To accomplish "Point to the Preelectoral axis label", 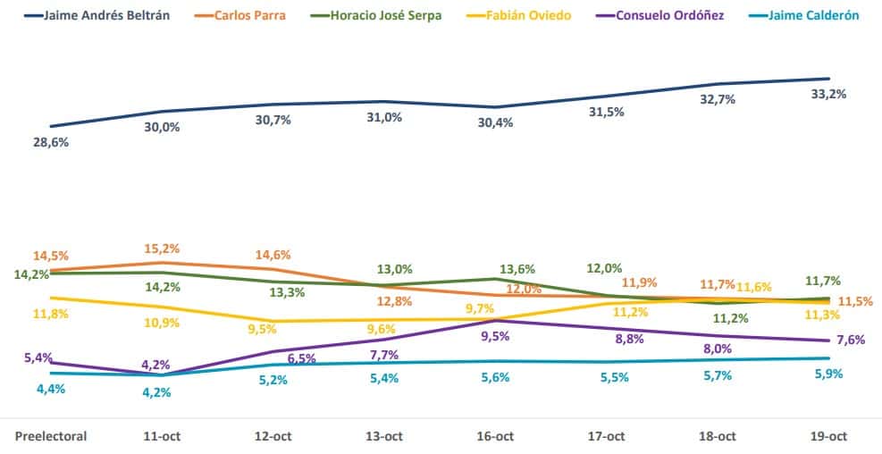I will tap(51, 436).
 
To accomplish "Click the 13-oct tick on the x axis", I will tap(383, 436).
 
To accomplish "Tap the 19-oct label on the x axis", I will tap(827, 436).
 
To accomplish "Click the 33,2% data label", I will tap(828, 94).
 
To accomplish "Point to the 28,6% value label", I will tap(51, 142).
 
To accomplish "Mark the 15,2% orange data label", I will tap(162, 248).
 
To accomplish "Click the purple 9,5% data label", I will tap(495, 337).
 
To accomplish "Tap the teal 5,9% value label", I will tap(828, 374).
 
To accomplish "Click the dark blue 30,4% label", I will tap(495, 122).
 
